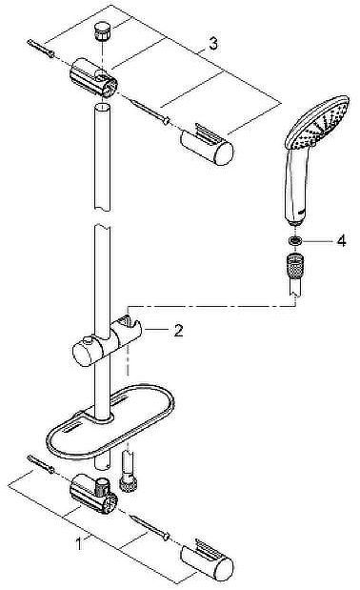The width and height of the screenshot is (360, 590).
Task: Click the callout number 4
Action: coord(340,241)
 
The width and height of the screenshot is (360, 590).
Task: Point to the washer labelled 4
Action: coord(296,241)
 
